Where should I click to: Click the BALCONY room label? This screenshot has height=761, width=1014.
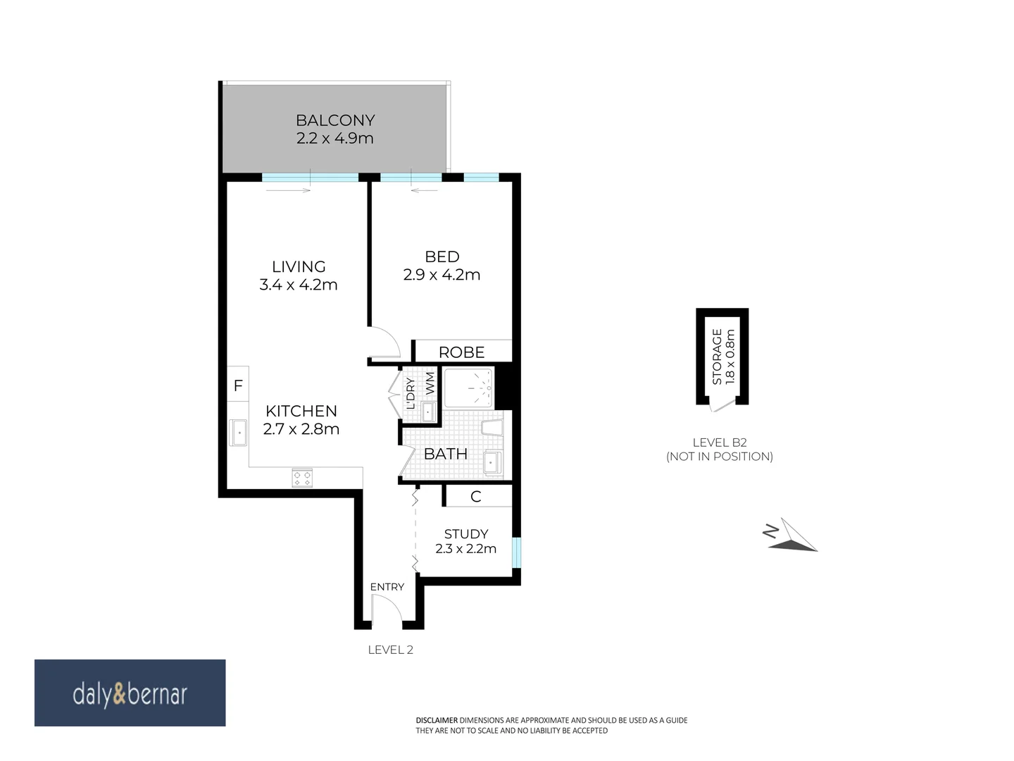(x=335, y=120)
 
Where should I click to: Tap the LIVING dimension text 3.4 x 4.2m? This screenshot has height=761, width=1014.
(x=299, y=285)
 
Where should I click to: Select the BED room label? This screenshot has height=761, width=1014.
(x=442, y=257)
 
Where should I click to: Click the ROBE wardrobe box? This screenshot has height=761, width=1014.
(x=462, y=352)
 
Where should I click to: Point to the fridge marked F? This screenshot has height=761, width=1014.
(x=238, y=385)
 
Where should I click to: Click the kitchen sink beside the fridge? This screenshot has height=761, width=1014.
(x=239, y=433)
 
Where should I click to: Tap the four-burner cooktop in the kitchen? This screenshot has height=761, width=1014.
(x=303, y=478)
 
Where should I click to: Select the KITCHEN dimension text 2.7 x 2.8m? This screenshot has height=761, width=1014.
(x=301, y=429)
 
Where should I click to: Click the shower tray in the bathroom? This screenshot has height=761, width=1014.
(x=469, y=388)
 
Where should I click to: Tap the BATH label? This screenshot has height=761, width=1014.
(x=445, y=454)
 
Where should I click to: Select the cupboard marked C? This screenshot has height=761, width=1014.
(x=476, y=497)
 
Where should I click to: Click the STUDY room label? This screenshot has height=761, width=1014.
(x=466, y=534)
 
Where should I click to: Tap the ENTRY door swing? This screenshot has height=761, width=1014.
(x=387, y=610)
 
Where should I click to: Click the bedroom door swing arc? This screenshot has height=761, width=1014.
(x=384, y=343)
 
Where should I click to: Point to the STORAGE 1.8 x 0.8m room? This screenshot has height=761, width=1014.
(x=722, y=357)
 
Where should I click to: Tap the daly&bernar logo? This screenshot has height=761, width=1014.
(x=130, y=693)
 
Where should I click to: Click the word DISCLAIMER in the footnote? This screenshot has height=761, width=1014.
(x=437, y=720)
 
